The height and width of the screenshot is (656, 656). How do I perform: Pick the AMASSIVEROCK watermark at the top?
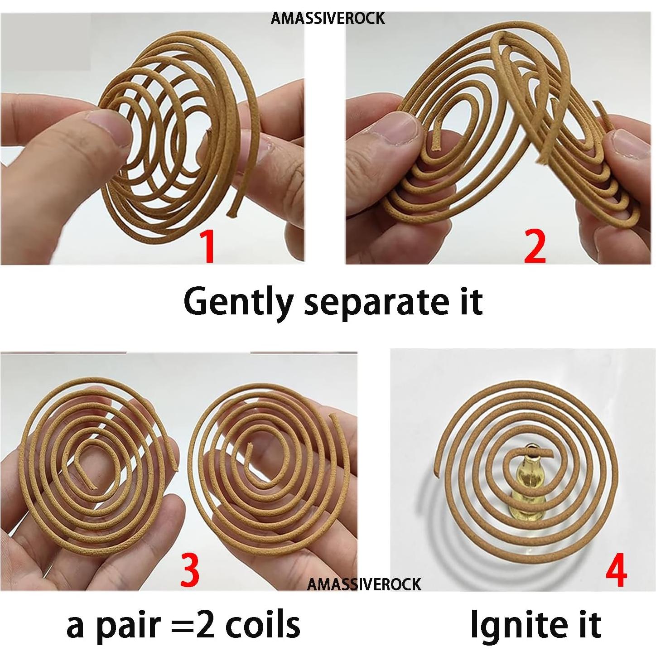click(x=328, y=19)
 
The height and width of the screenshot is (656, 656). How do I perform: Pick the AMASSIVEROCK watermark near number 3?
click(x=364, y=584)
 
